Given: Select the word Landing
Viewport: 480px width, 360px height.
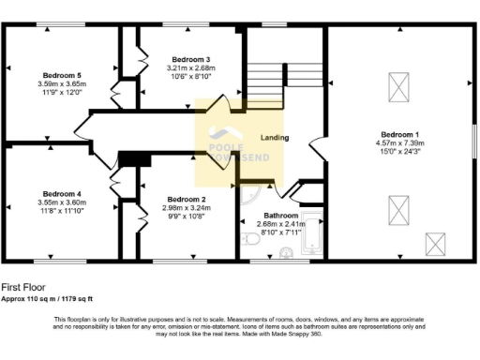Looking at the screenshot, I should point(274,138).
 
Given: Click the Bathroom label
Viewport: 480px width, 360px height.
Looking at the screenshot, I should point(280,215).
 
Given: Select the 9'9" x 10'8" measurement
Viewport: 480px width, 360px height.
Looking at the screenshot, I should point(186,217).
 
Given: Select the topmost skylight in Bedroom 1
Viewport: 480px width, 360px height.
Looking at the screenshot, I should point(397,89).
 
